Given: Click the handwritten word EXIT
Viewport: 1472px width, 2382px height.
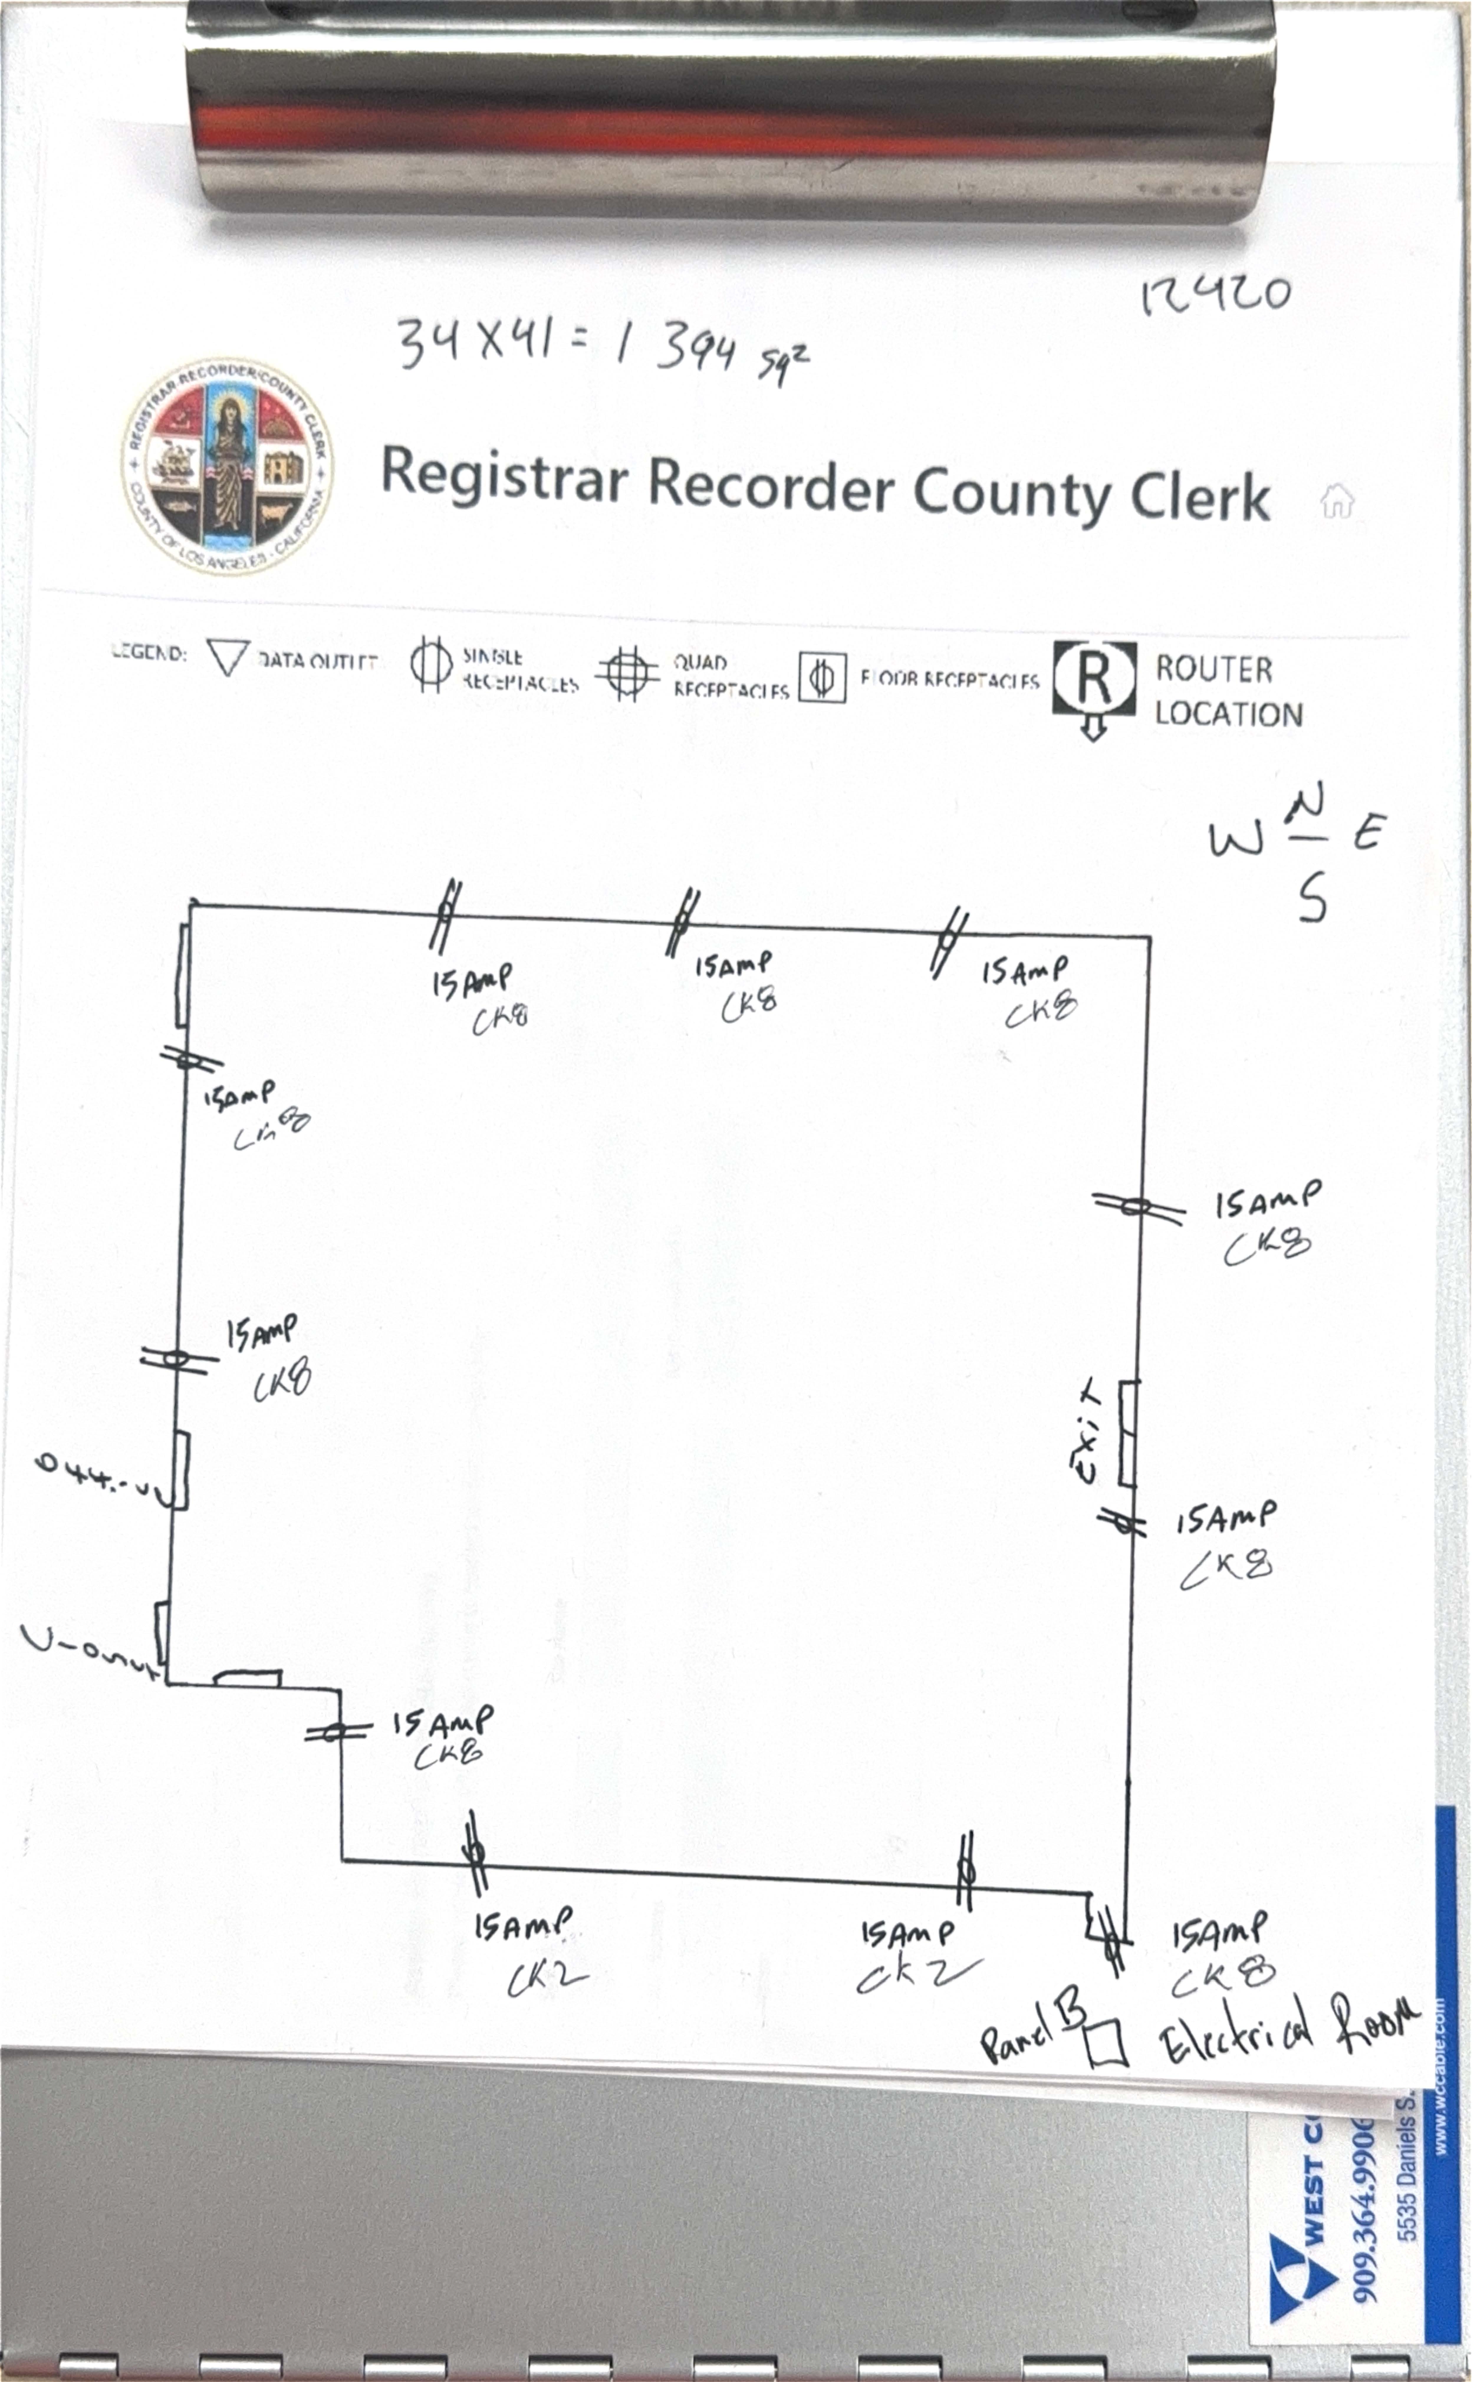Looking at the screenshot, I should click(x=1088, y=1431).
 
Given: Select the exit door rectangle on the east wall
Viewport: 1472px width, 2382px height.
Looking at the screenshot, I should click(x=1127, y=1433).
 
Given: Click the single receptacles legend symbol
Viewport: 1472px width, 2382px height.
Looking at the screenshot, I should click(x=430, y=666).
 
